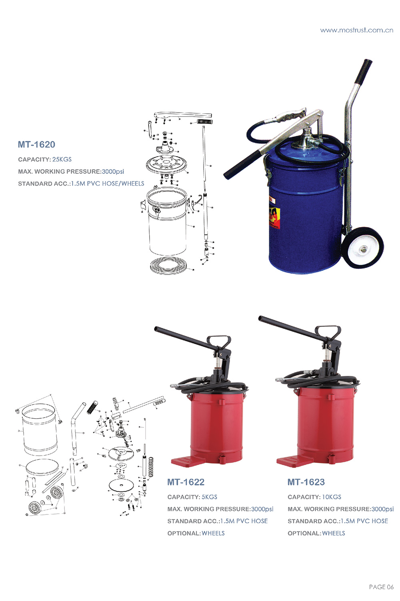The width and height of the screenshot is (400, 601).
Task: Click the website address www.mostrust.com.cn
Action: (356, 30)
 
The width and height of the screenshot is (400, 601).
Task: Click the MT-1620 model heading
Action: (36, 145)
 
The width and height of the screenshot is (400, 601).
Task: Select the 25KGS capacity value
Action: (62, 159)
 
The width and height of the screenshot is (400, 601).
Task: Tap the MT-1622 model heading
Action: (186, 482)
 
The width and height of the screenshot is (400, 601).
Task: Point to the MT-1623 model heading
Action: (306, 482)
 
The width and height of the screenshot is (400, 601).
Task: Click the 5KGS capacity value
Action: (209, 497)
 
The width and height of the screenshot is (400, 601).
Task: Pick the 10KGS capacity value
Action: (332, 497)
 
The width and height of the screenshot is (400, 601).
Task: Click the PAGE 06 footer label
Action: (381, 587)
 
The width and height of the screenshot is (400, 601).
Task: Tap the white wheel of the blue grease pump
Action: (362, 248)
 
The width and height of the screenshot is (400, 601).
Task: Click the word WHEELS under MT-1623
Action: (333, 533)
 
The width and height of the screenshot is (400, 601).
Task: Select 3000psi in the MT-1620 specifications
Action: (113, 172)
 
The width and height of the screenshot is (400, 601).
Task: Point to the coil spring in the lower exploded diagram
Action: (151, 467)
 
